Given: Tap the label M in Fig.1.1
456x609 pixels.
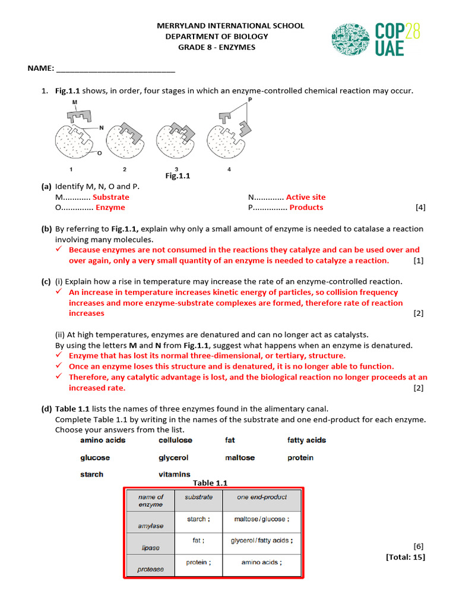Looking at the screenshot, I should [x=75, y=102].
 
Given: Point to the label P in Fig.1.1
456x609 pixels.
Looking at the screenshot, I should [x=250, y=100].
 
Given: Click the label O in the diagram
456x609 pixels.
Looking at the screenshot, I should [x=99, y=153].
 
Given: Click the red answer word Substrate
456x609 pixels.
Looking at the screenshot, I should [x=110, y=197].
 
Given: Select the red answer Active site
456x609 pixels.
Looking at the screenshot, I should [x=306, y=197].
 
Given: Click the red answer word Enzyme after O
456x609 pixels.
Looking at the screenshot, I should [x=110, y=208].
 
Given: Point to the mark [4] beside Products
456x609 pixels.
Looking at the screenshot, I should [x=420, y=208].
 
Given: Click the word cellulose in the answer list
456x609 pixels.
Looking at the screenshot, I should [x=175, y=440].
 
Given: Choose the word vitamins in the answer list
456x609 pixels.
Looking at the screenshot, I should [x=175, y=475].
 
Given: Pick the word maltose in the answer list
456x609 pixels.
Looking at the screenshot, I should [x=240, y=458].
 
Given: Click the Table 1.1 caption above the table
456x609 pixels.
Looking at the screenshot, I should [x=210, y=483].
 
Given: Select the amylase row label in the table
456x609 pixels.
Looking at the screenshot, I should [x=151, y=526].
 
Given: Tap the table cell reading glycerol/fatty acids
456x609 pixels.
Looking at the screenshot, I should [x=261, y=541].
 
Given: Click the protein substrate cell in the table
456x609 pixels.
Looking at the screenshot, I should [x=198, y=562].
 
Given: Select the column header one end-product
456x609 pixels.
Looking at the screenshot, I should [x=261, y=497].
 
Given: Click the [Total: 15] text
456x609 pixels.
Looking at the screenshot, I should [x=406, y=557].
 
